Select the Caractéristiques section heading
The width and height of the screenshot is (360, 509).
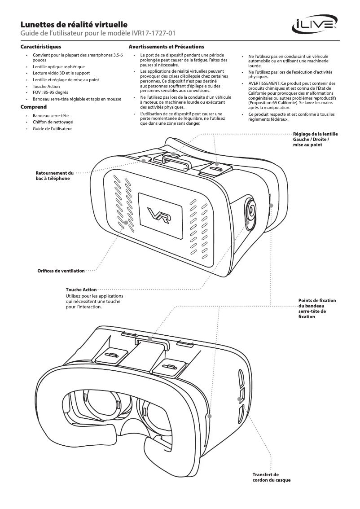tap(41, 47)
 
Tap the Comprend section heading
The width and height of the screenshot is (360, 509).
tap(34, 107)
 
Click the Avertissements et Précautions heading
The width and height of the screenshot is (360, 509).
tap(167, 47)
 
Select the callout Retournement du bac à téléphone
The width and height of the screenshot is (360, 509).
tap(54, 176)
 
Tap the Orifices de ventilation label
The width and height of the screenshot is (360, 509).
tap(61, 271)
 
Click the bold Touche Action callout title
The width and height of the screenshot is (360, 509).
tap(81, 290)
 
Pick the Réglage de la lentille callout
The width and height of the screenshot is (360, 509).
tap(315, 139)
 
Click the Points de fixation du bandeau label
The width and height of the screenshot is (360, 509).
tap(317, 308)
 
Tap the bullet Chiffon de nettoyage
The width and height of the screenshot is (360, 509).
tap(53, 122)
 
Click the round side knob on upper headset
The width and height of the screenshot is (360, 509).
tap(252, 210)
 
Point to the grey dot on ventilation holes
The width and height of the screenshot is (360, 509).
tap(126, 223)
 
